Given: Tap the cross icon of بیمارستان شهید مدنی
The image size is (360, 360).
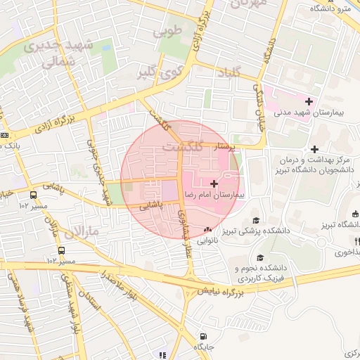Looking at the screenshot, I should coord(309,102).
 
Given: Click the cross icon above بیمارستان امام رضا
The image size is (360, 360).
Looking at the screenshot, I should coord(214,183).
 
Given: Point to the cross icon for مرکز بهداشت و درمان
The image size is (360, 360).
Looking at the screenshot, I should coord(314,149).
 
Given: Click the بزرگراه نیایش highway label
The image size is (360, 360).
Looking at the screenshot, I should coord(220,289).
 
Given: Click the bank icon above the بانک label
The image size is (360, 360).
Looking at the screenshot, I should coord(4,135).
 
